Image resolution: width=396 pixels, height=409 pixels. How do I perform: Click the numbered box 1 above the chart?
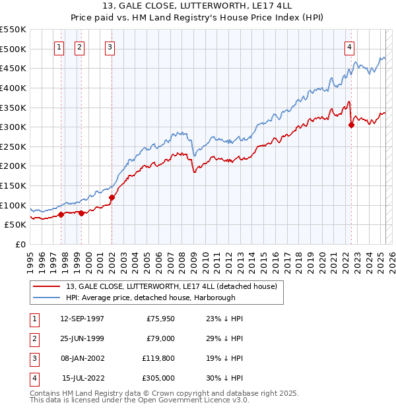coord(59,47)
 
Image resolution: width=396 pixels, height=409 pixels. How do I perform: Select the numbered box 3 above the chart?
coord(109,47)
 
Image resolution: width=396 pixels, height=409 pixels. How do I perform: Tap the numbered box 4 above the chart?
coord(348,47)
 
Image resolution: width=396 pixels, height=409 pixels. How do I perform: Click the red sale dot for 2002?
coord(112,197)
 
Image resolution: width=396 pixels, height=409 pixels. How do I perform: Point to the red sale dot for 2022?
coord(351,125)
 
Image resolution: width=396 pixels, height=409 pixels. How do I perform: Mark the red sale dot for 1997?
coord(61,214)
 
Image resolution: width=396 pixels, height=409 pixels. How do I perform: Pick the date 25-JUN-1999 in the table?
coord(82,338)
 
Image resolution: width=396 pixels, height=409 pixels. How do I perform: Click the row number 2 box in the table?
coord(34,338)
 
